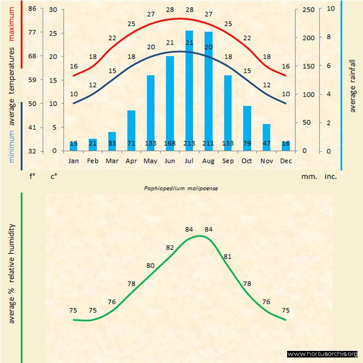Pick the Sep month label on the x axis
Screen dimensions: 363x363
click(228, 161)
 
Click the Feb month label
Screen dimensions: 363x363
click(93, 161)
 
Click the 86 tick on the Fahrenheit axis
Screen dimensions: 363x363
click(32, 9)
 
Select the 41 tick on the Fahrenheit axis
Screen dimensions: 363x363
click(32, 127)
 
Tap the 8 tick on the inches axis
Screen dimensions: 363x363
click(329, 37)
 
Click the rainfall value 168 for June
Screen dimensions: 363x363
click(170, 144)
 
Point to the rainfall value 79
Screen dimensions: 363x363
click(247, 144)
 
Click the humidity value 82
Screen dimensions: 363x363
click(170, 248)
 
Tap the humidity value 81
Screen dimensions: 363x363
click(228, 256)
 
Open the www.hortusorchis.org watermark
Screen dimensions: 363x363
click(322, 354)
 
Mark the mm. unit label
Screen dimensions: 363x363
click(309, 177)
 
